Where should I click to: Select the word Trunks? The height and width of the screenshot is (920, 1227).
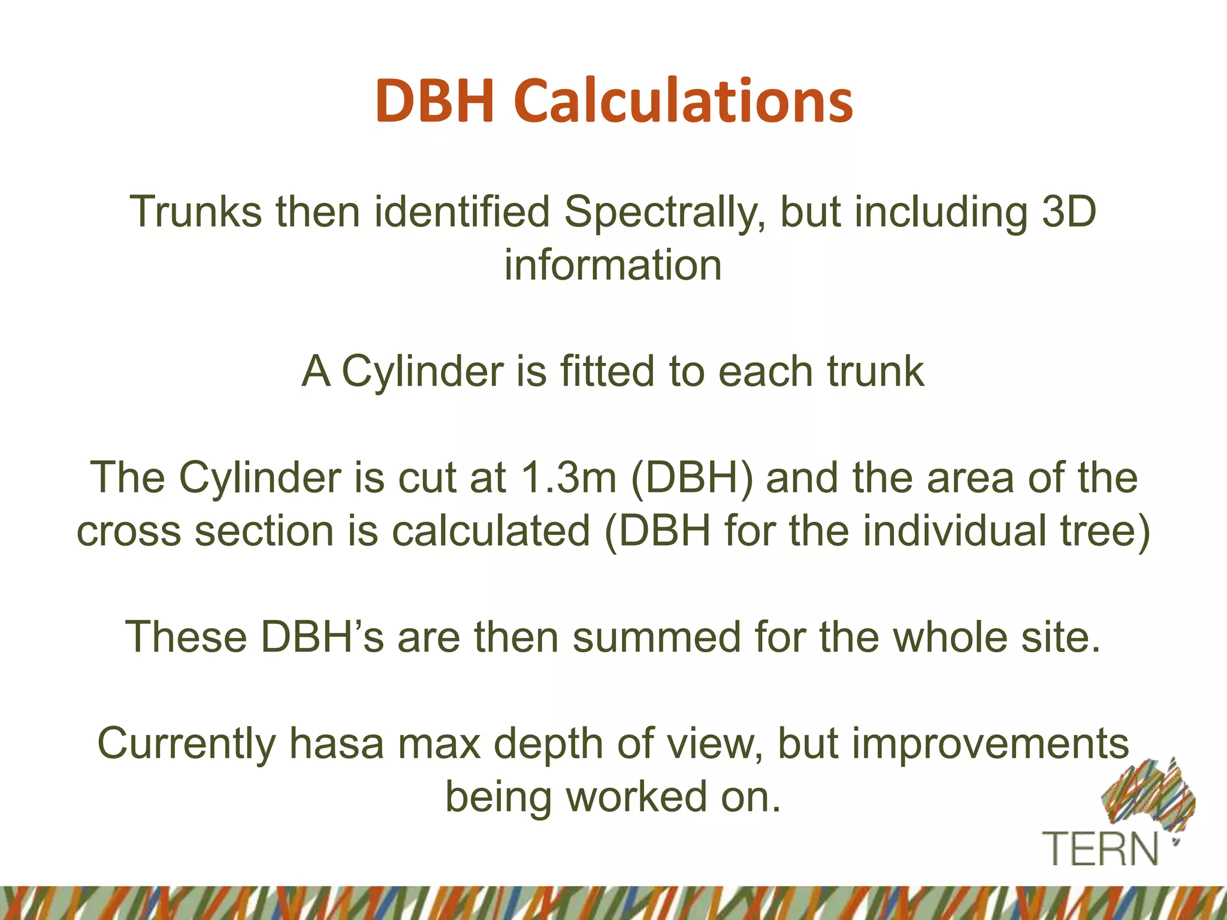(x=196, y=212)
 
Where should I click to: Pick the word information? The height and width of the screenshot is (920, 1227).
(x=613, y=265)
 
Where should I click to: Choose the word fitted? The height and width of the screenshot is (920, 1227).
(x=607, y=371)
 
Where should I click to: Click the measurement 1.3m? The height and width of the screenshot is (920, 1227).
(x=569, y=478)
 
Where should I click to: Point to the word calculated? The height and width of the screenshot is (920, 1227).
(x=491, y=531)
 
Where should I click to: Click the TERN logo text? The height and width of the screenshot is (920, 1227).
(x=1101, y=849)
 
